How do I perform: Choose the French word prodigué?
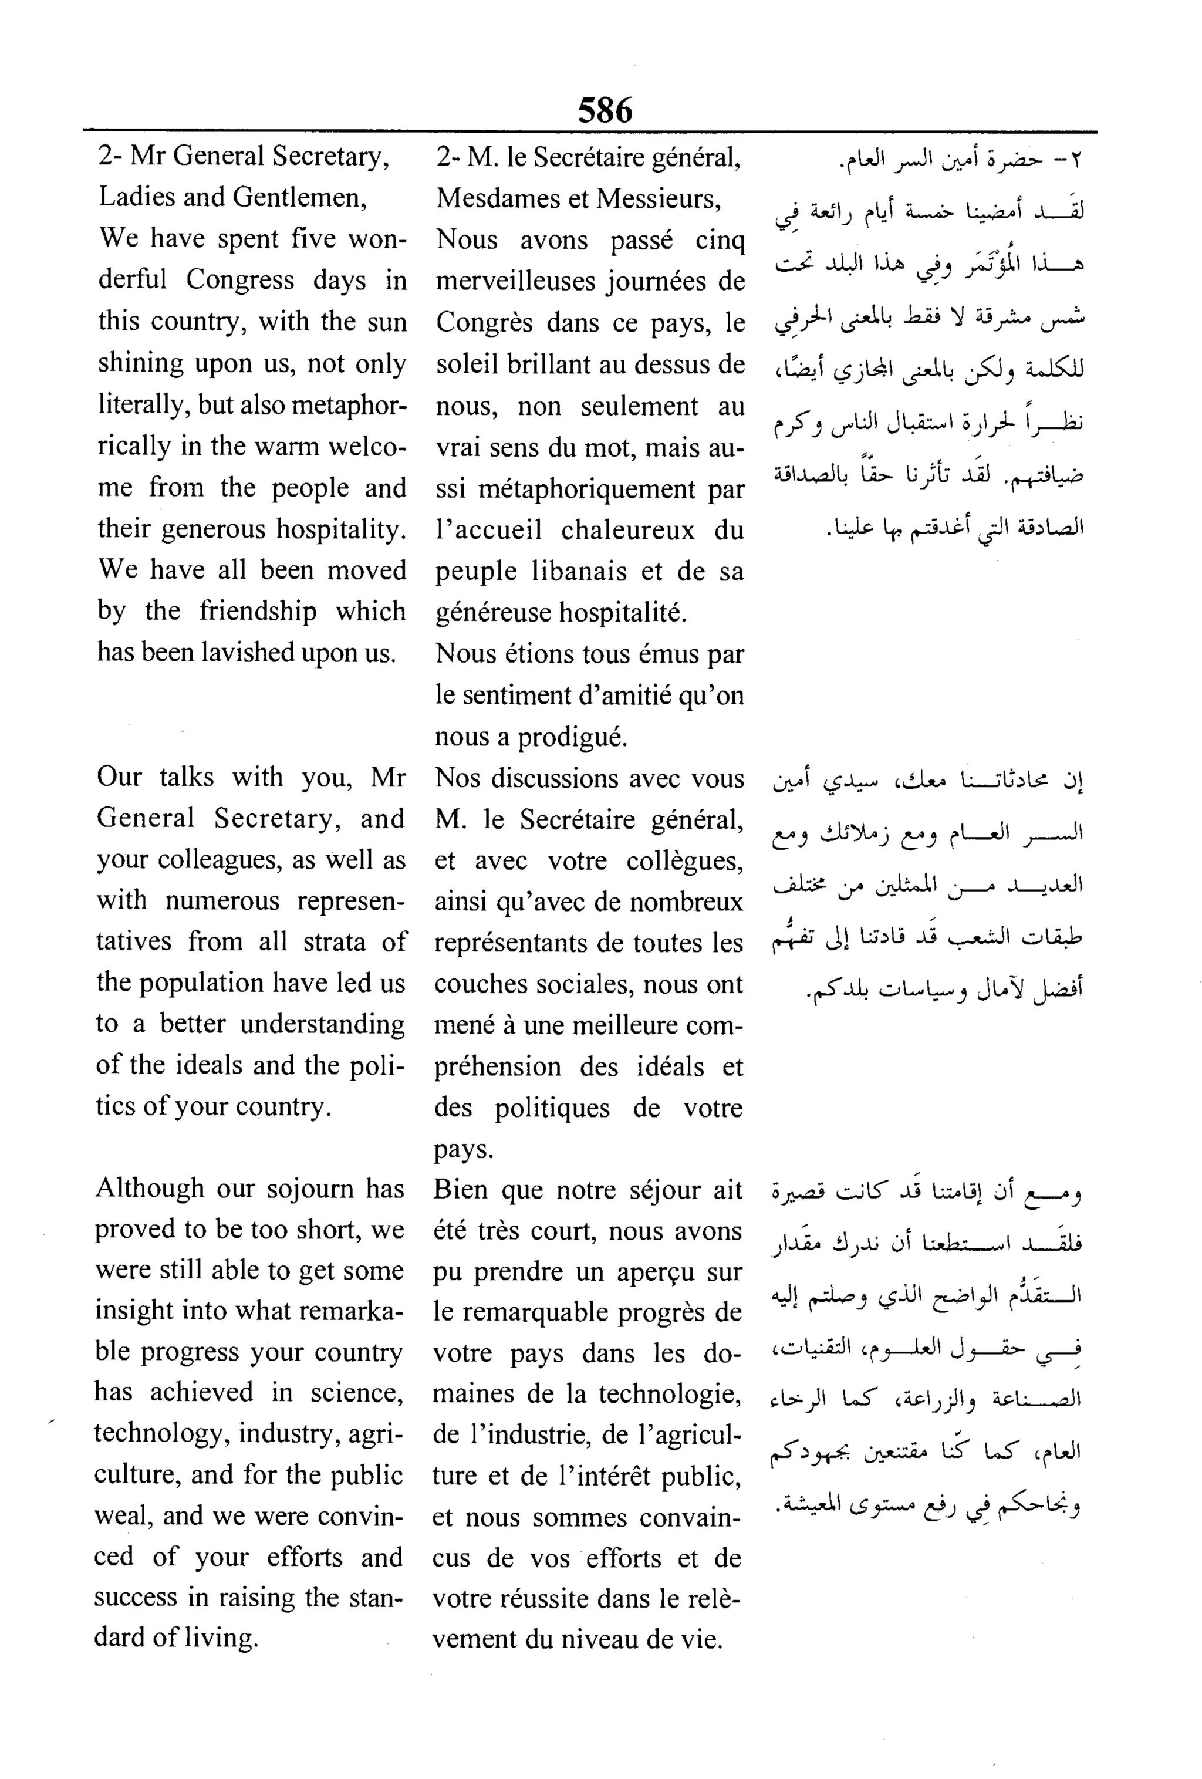(x=573, y=737)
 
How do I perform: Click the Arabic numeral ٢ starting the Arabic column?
(x=1077, y=161)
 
